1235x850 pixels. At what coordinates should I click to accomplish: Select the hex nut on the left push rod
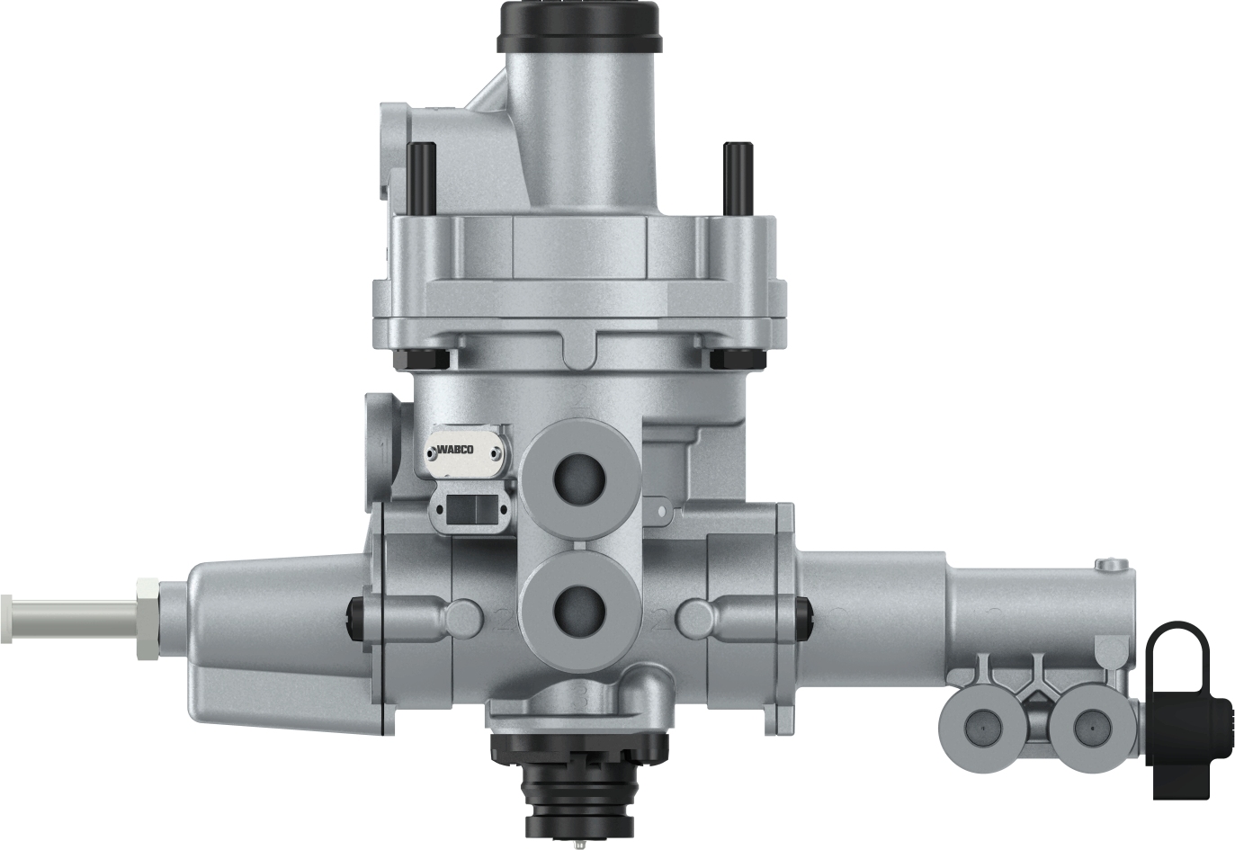pyautogui.click(x=147, y=620)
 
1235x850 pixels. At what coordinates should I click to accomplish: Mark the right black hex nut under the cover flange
pyautogui.click(x=731, y=358)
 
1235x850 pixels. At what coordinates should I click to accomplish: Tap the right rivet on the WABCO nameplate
pyautogui.click(x=497, y=452)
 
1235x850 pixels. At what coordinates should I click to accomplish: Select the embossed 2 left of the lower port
pyautogui.click(x=504, y=619)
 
